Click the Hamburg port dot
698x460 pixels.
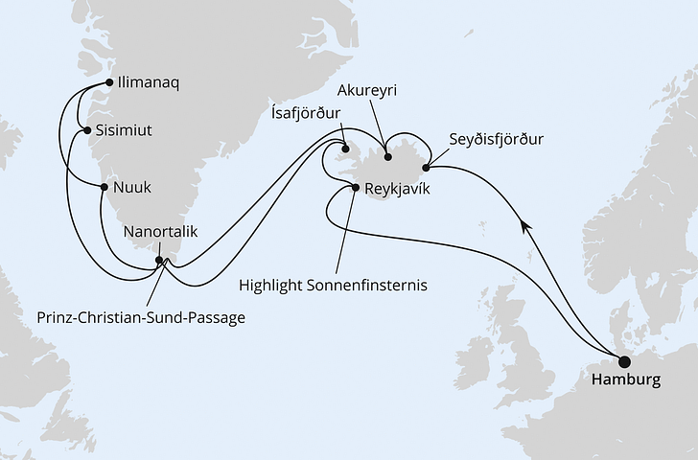(x=625, y=361)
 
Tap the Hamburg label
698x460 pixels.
(x=627, y=381)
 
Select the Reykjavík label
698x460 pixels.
(x=398, y=190)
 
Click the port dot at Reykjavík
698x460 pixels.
(x=356, y=188)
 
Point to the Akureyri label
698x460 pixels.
(x=368, y=92)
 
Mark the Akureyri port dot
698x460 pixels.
(x=387, y=156)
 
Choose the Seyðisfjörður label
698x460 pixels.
(x=496, y=140)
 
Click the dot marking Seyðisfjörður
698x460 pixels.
(x=426, y=168)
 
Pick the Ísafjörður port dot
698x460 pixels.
(x=344, y=148)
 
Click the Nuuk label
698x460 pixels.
(x=133, y=187)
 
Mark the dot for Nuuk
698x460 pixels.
(x=101, y=188)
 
